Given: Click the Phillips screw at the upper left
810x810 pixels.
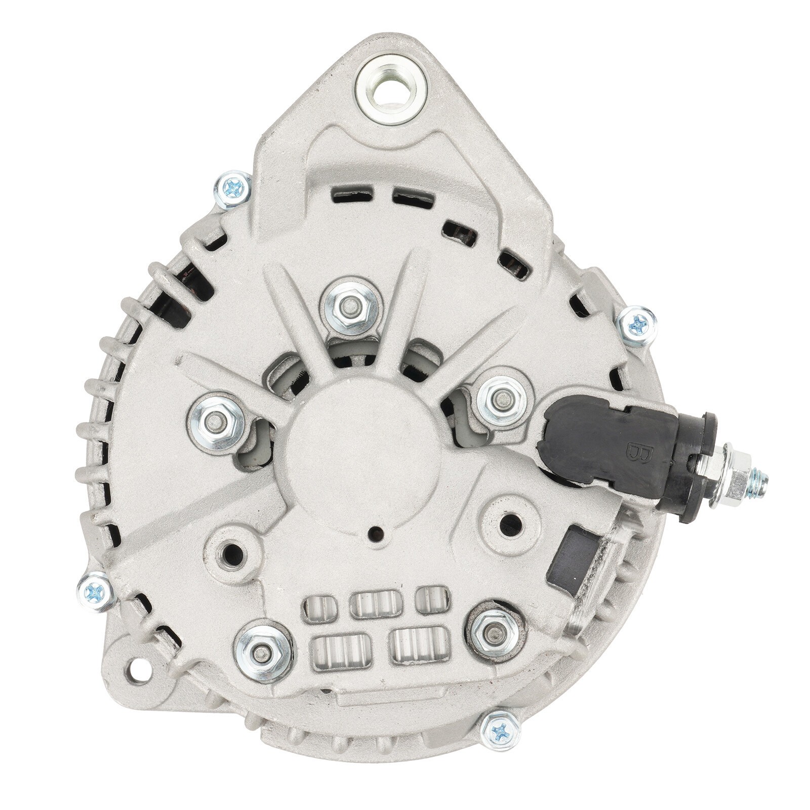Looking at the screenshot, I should click(x=233, y=190).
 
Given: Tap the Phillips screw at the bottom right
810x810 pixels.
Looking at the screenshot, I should click(x=500, y=731).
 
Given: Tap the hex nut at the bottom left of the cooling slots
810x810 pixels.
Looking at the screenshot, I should click(x=262, y=653).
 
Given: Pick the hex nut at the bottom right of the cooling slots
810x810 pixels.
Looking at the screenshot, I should click(x=493, y=632).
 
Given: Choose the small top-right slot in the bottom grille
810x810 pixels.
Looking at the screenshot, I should click(x=431, y=600).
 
